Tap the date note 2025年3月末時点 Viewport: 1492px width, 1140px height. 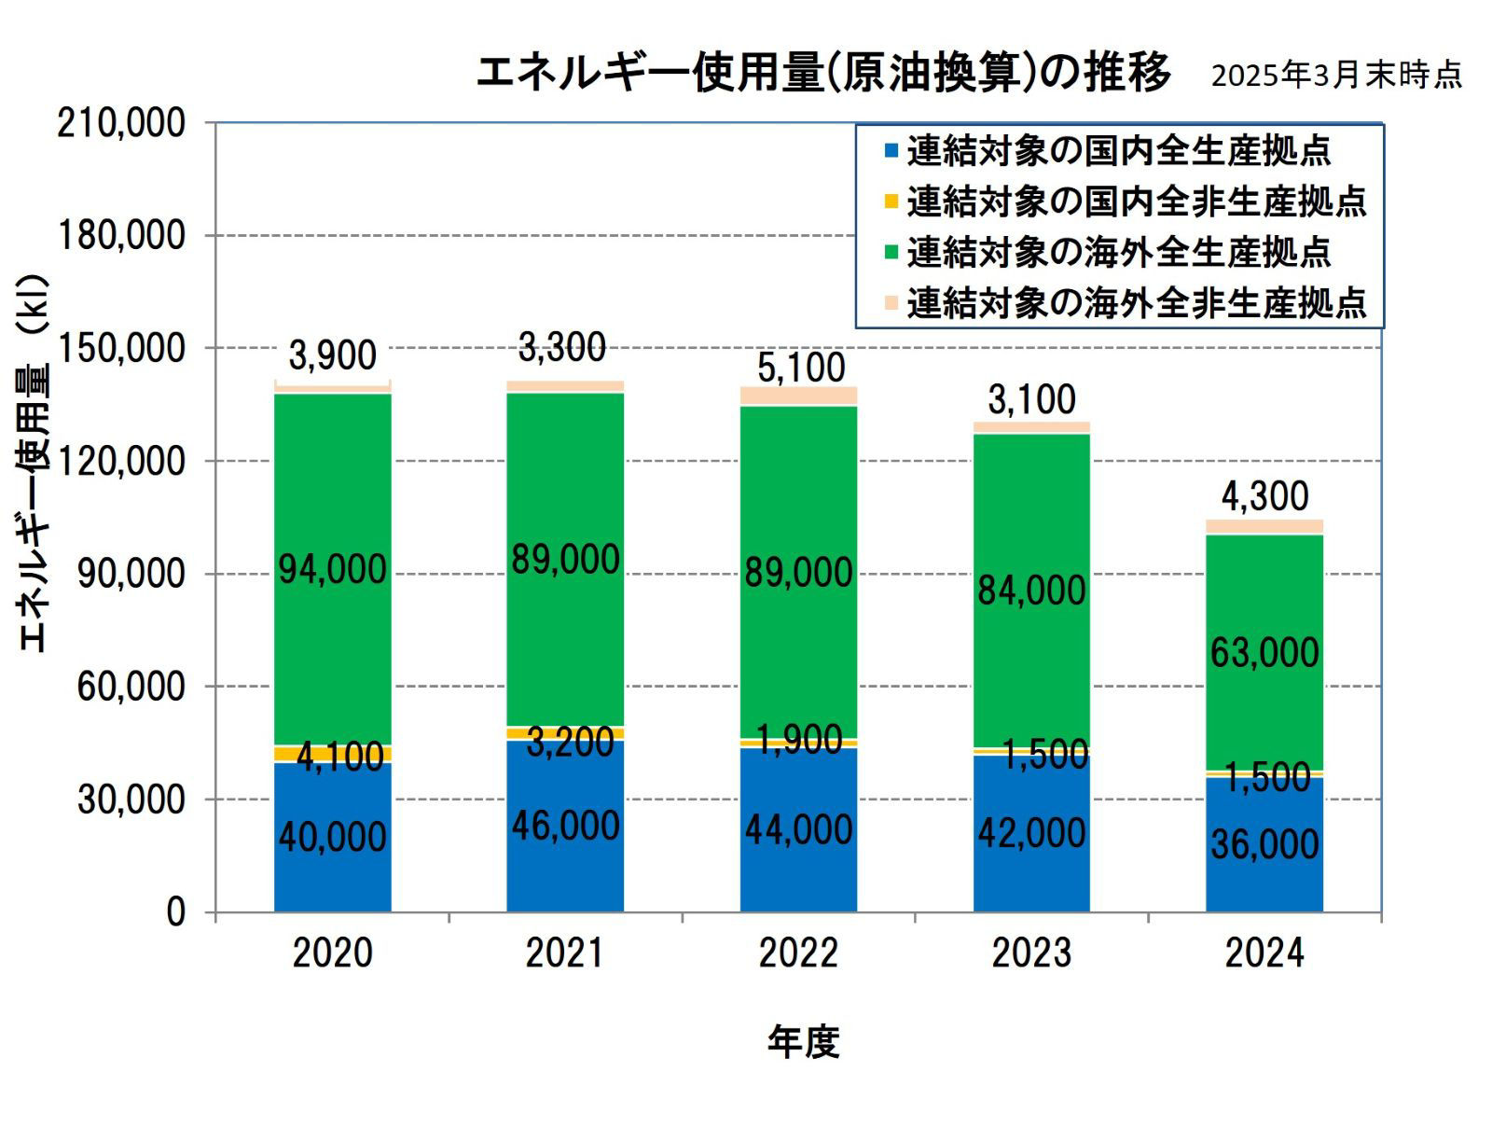[1336, 76]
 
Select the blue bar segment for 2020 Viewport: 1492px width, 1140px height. [332, 877]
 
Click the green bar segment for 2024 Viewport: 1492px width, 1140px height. [1264, 597]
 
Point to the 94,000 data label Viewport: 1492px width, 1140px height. [332, 569]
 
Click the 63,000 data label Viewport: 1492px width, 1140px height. [1264, 653]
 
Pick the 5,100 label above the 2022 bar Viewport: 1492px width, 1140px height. [801, 368]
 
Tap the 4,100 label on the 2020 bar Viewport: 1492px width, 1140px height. [339, 757]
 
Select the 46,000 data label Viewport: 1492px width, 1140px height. [565, 827]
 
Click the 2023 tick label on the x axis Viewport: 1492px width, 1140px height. [1031, 953]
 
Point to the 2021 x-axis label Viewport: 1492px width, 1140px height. [565, 953]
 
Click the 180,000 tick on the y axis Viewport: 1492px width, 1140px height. [121, 235]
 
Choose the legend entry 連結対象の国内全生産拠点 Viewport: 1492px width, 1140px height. [1117, 150]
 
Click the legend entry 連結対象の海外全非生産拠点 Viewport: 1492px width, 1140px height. [1136, 302]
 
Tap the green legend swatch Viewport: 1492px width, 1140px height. [891, 252]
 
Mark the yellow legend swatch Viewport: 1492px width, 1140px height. [891, 201]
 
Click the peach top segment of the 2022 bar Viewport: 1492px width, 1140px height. [798, 396]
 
